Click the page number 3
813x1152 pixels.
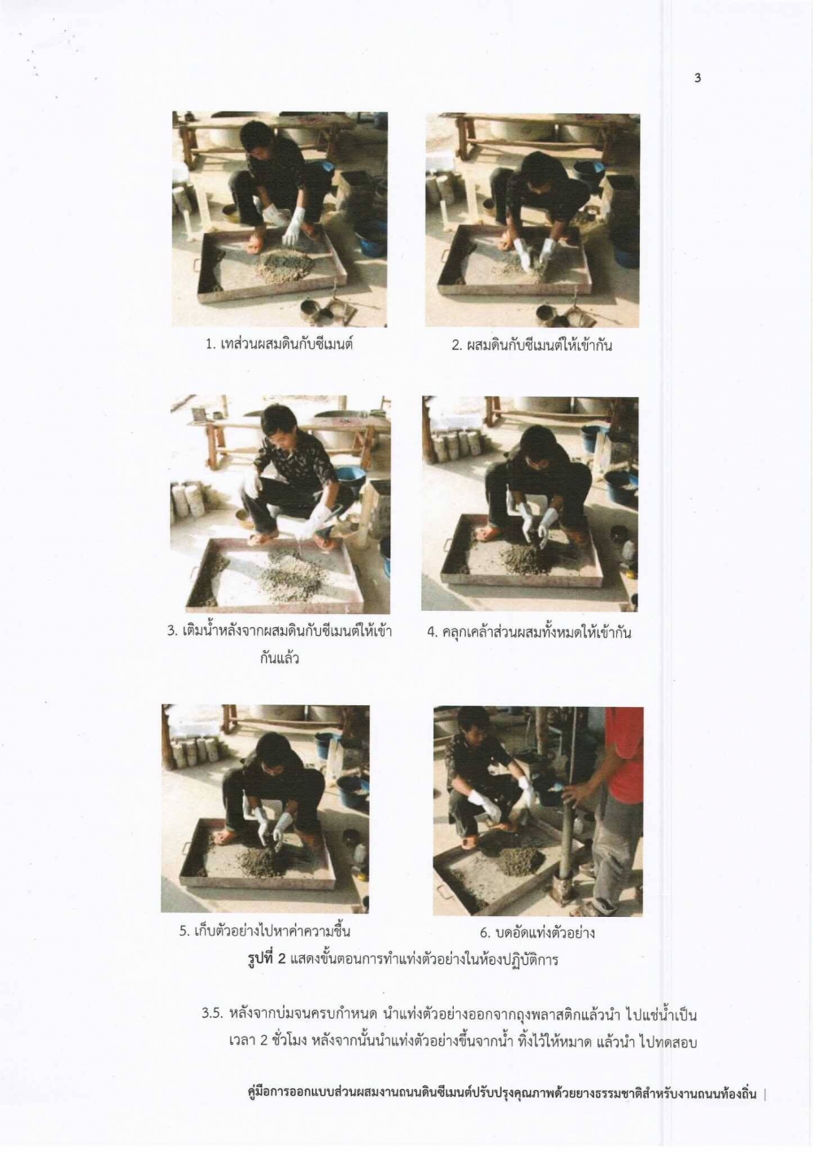698,78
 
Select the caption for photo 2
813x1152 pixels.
532,345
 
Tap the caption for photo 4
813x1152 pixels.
529,631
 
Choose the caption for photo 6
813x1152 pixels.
537,932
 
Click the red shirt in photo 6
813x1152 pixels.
625,750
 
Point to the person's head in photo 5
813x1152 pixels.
276,748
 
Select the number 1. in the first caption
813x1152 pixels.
210,345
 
